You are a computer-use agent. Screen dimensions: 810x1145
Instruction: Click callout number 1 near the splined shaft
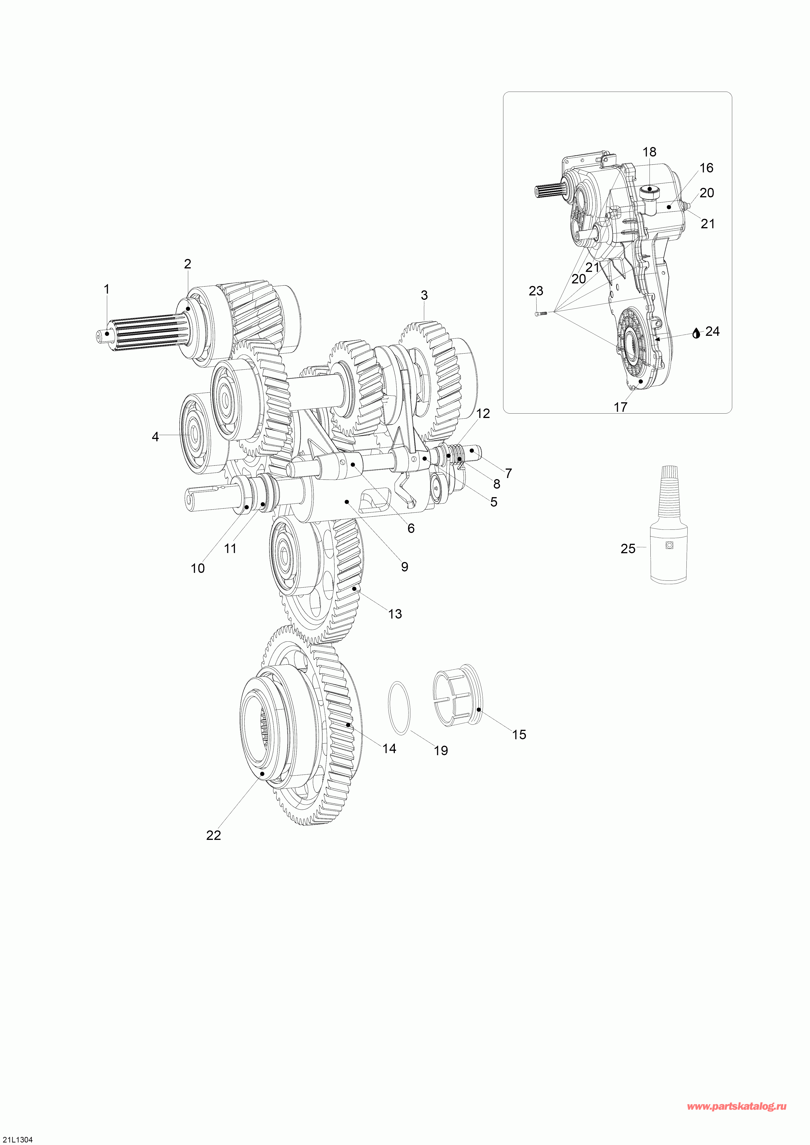pos(106,289)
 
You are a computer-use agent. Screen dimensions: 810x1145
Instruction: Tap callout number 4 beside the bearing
pos(155,437)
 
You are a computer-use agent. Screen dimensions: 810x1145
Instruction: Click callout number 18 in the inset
pos(649,152)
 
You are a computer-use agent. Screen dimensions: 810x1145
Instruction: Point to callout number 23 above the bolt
pos(536,291)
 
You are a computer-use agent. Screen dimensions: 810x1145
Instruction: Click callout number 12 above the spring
pos(483,413)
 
